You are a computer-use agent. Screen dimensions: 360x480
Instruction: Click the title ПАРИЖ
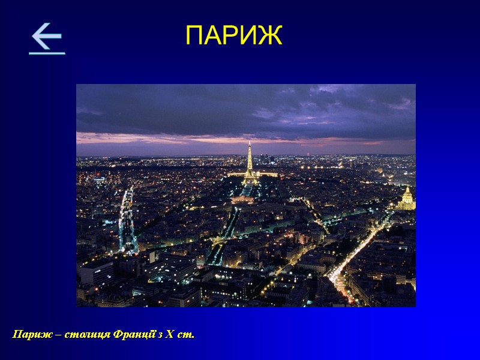[x=233, y=36]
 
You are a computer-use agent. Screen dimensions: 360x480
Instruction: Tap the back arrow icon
[x=47, y=39]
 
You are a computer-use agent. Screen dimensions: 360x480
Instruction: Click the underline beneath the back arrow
[x=47, y=53]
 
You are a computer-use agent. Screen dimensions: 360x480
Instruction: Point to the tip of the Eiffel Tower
[x=250, y=143]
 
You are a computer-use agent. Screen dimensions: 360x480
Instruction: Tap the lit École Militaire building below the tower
[x=242, y=199]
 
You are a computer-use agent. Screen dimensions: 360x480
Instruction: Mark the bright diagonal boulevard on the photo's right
[x=357, y=252]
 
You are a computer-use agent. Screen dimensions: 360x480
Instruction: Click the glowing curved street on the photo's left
[x=126, y=222]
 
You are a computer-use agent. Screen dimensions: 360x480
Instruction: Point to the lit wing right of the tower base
[x=268, y=175]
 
